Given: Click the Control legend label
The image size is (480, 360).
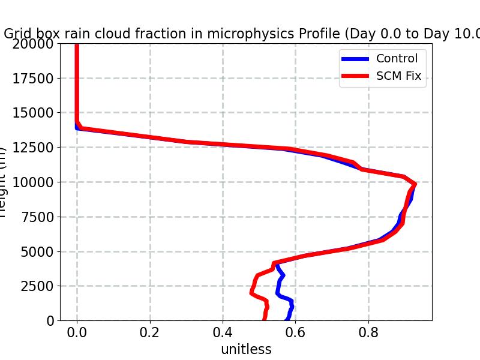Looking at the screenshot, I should [397, 58].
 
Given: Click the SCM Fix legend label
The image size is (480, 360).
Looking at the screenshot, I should [398, 76].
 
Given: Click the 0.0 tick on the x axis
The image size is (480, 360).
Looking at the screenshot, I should [77, 332].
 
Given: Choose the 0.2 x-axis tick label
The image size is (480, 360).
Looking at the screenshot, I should [150, 332].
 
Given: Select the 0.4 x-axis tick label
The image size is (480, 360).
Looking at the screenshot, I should [223, 332].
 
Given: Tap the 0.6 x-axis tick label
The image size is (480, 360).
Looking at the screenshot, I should [296, 332].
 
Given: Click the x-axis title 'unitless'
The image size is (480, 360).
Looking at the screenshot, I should [246, 349].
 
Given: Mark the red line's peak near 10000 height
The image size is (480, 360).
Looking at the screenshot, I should [414, 184].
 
